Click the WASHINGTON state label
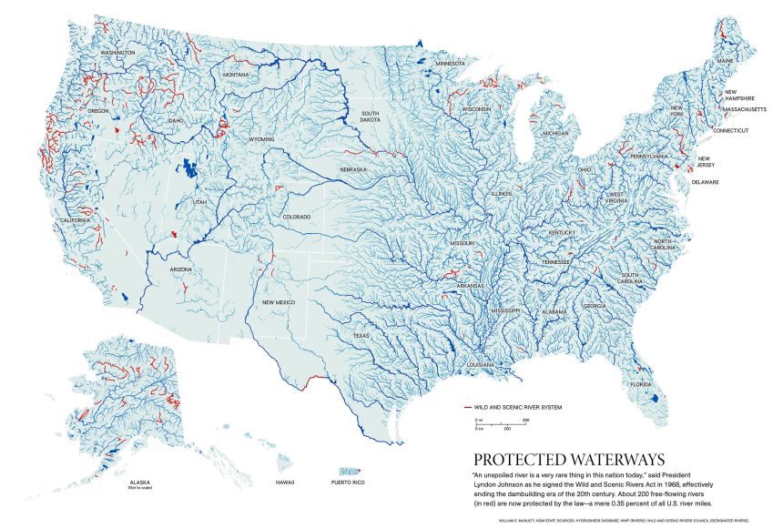tap(117, 53)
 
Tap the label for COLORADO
tap(296, 217)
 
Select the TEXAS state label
tap(362, 336)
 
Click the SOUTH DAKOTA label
tap(370, 116)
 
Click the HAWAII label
tap(286, 482)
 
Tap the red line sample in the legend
tap(468, 406)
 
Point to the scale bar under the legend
tap(501, 423)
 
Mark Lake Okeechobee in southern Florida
tap(653, 397)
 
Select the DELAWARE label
tap(705, 181)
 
